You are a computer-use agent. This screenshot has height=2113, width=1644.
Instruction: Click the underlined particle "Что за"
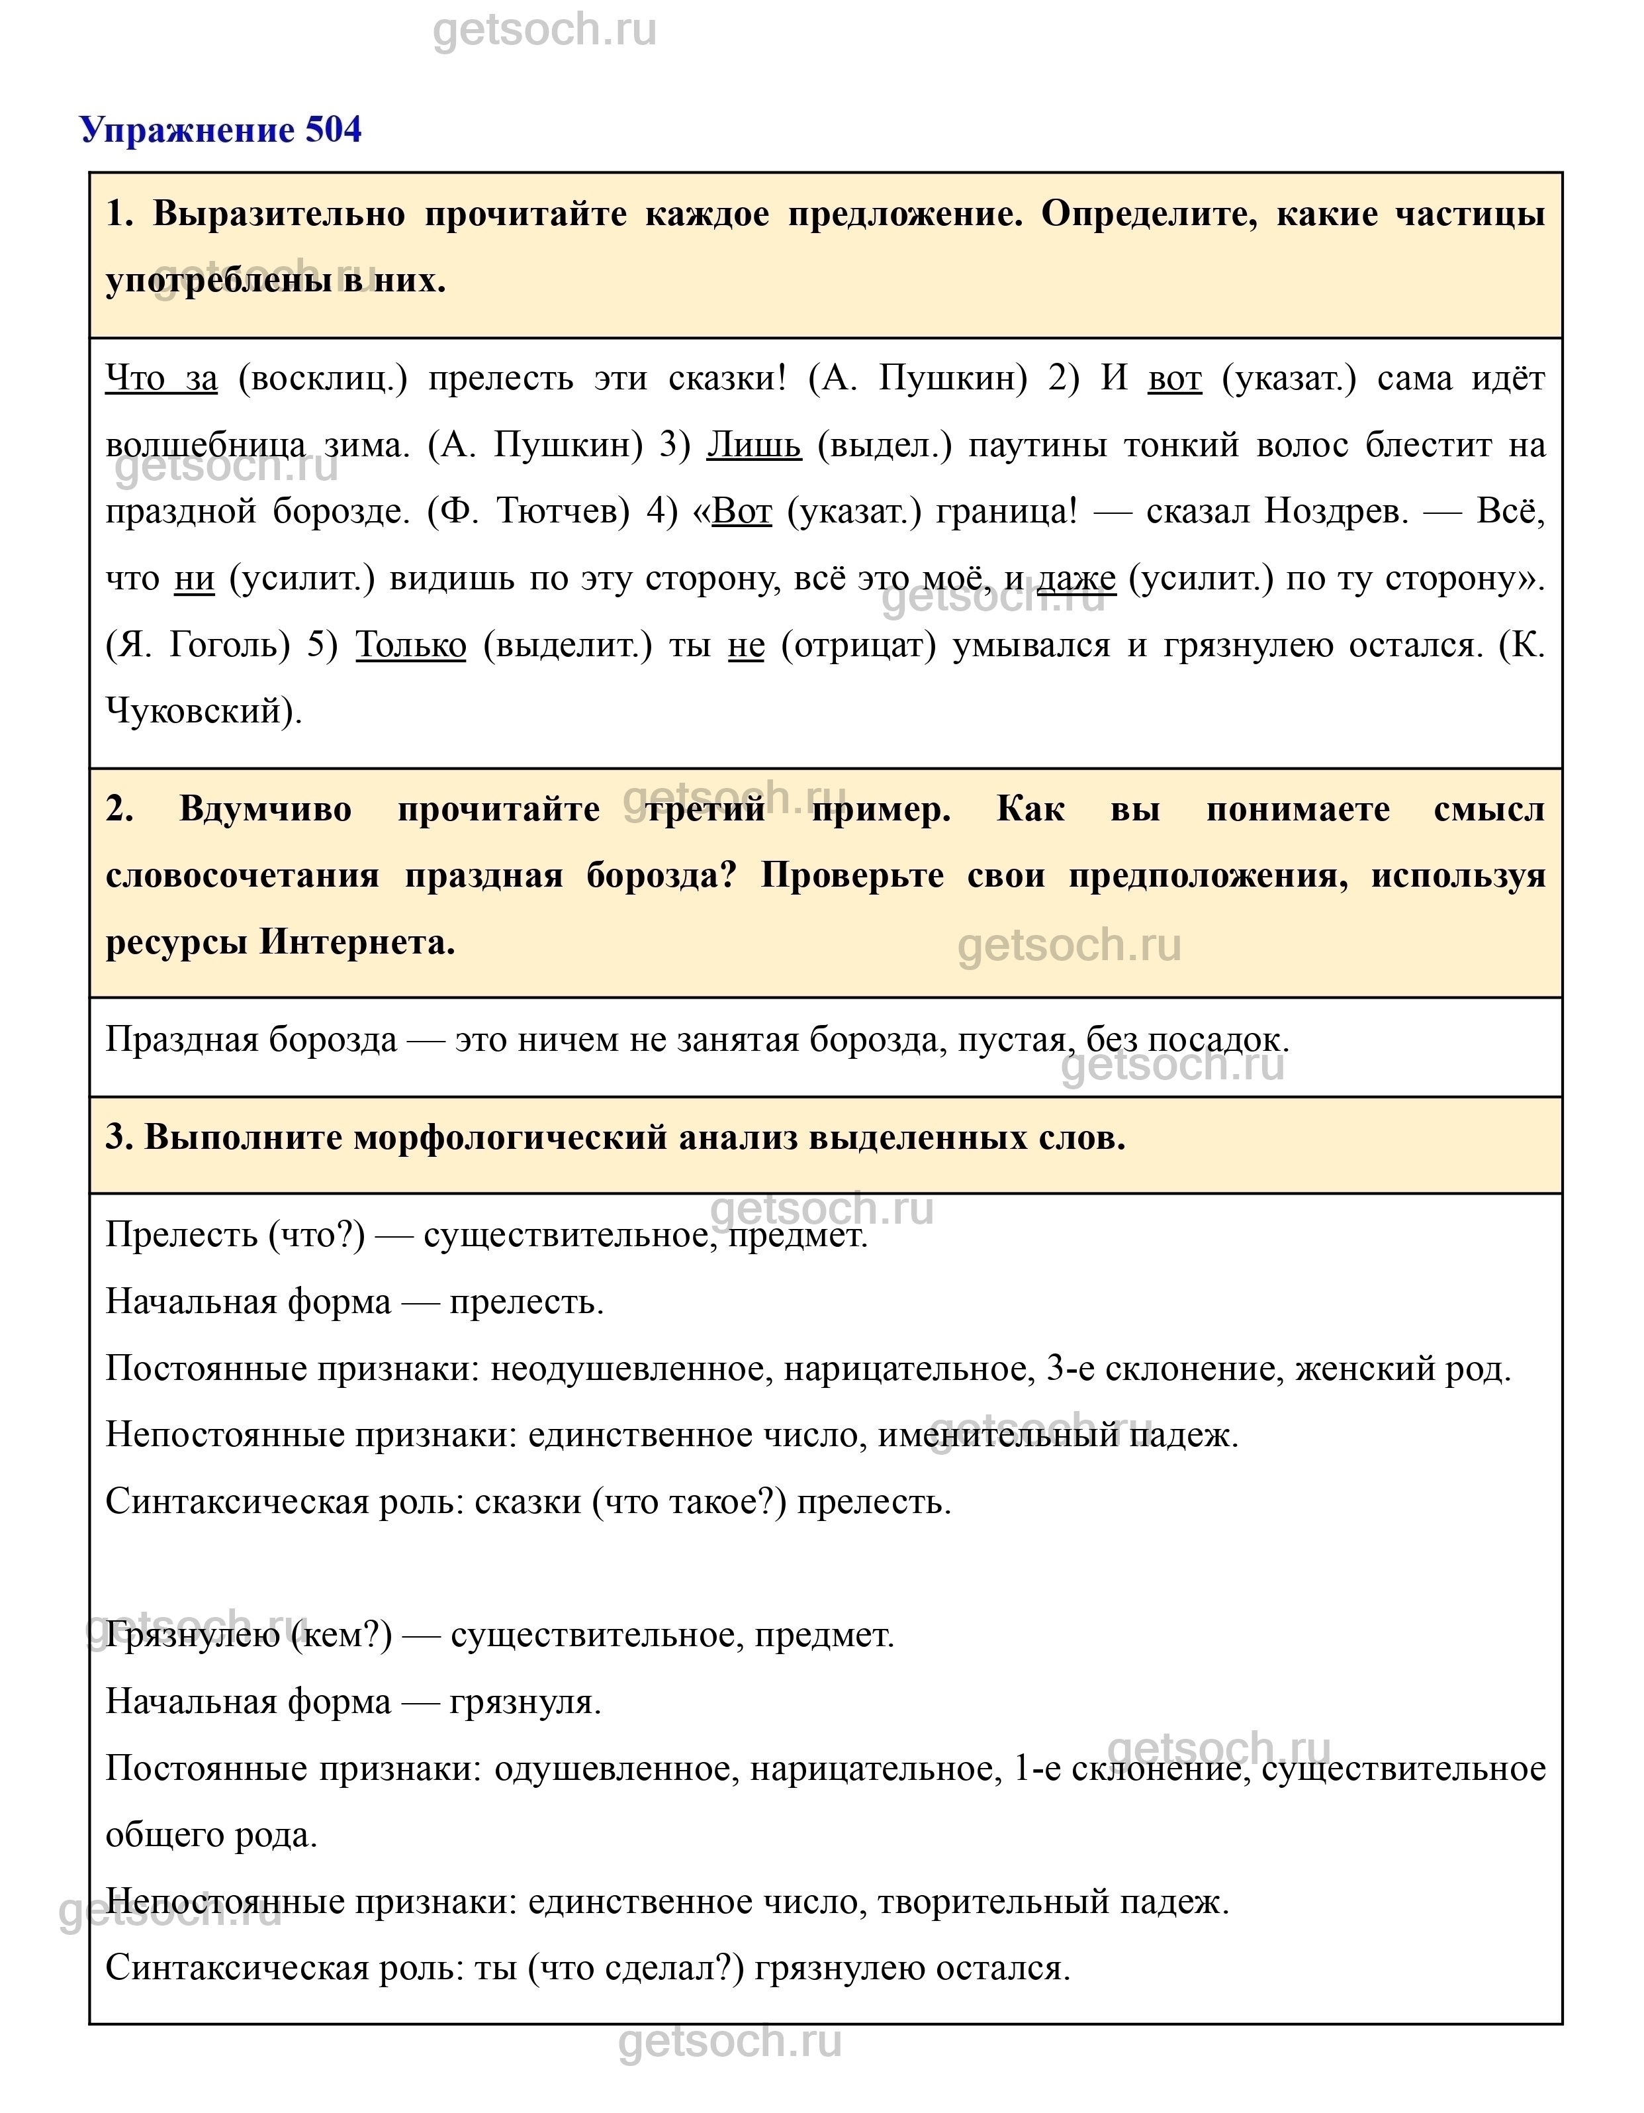[161, 378]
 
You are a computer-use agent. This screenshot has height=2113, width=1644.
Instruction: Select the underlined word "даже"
[1076, 579]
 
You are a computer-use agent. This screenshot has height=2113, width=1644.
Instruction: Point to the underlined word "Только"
[411, 646]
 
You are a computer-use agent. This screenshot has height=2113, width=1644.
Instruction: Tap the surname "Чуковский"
[199, 712]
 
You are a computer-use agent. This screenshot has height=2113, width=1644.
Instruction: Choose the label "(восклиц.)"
[323, 378]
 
